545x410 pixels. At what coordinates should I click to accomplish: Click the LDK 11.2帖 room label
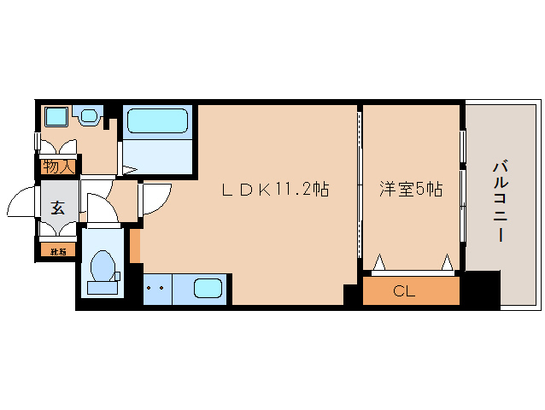point(275,190)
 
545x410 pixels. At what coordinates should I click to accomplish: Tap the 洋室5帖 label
point(411,190)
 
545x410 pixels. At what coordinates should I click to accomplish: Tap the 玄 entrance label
point(57,207)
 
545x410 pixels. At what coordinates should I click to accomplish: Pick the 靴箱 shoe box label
point(57,252)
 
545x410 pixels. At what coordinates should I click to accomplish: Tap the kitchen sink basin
point(208,288)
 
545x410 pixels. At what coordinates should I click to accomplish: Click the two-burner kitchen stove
point(155,288)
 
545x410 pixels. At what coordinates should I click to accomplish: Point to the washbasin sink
point(89,115)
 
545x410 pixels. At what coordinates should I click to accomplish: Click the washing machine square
point(56,116)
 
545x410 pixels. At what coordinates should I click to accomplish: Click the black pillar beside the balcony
point(480,290)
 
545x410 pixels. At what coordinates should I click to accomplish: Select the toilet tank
point(103,288)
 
